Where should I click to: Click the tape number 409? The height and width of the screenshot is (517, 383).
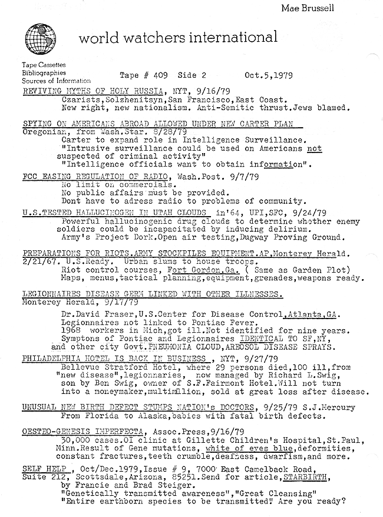coord(153,76)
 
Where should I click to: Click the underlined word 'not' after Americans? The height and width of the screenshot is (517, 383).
coord(315,148)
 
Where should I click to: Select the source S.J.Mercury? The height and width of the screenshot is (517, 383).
coord(323,407)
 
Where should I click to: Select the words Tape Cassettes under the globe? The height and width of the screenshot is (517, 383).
coord(44,64)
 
